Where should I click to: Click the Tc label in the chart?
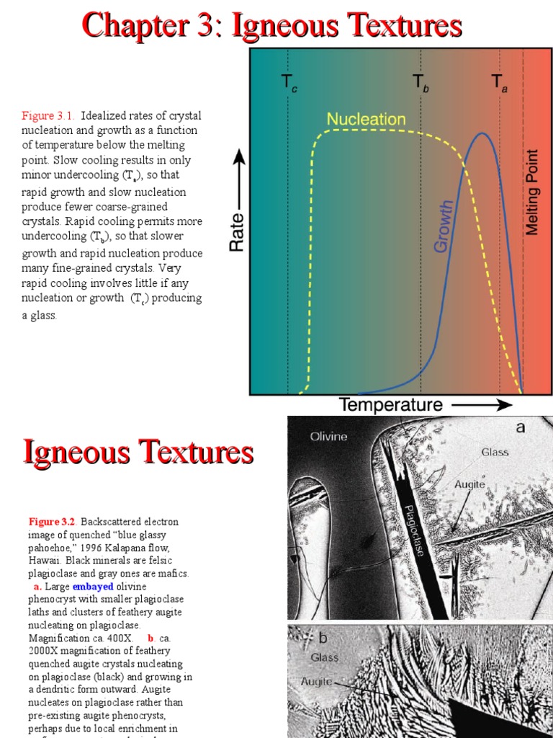(x=289, y=84)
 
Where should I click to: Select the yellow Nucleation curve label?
(x=366, y=119)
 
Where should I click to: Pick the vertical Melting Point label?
(x=532, y=192)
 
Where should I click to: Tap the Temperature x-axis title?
(x=391, y=405)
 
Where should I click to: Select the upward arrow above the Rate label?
(x=237, y=177)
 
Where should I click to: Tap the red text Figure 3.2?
(x=53, y=521)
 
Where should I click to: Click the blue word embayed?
(x=93, y=587)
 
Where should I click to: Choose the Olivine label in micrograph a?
(x=328, y=436)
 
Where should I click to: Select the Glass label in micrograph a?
(x=495, y=452)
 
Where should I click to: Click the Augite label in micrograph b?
(x=316, y=681)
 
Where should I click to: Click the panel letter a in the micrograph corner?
(x=521, y=427)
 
